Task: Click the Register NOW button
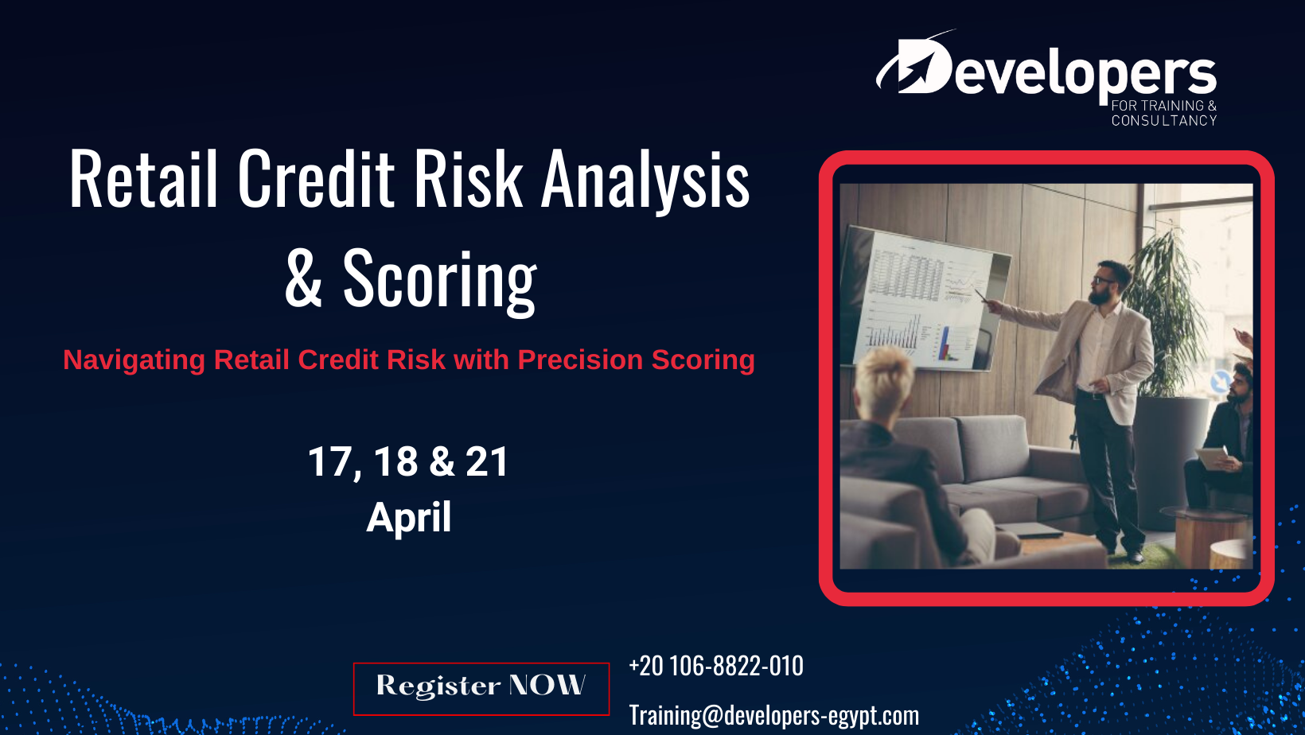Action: (481, 688)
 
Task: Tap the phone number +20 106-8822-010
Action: (716, 666)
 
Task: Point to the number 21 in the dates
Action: (487, 462)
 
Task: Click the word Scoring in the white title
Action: (439, 279)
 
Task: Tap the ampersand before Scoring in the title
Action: (303, 278)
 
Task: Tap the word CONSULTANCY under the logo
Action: (1164, 121)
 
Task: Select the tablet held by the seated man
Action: (1213, 457)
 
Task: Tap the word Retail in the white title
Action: (143, 177)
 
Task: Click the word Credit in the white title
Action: (316, 177)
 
